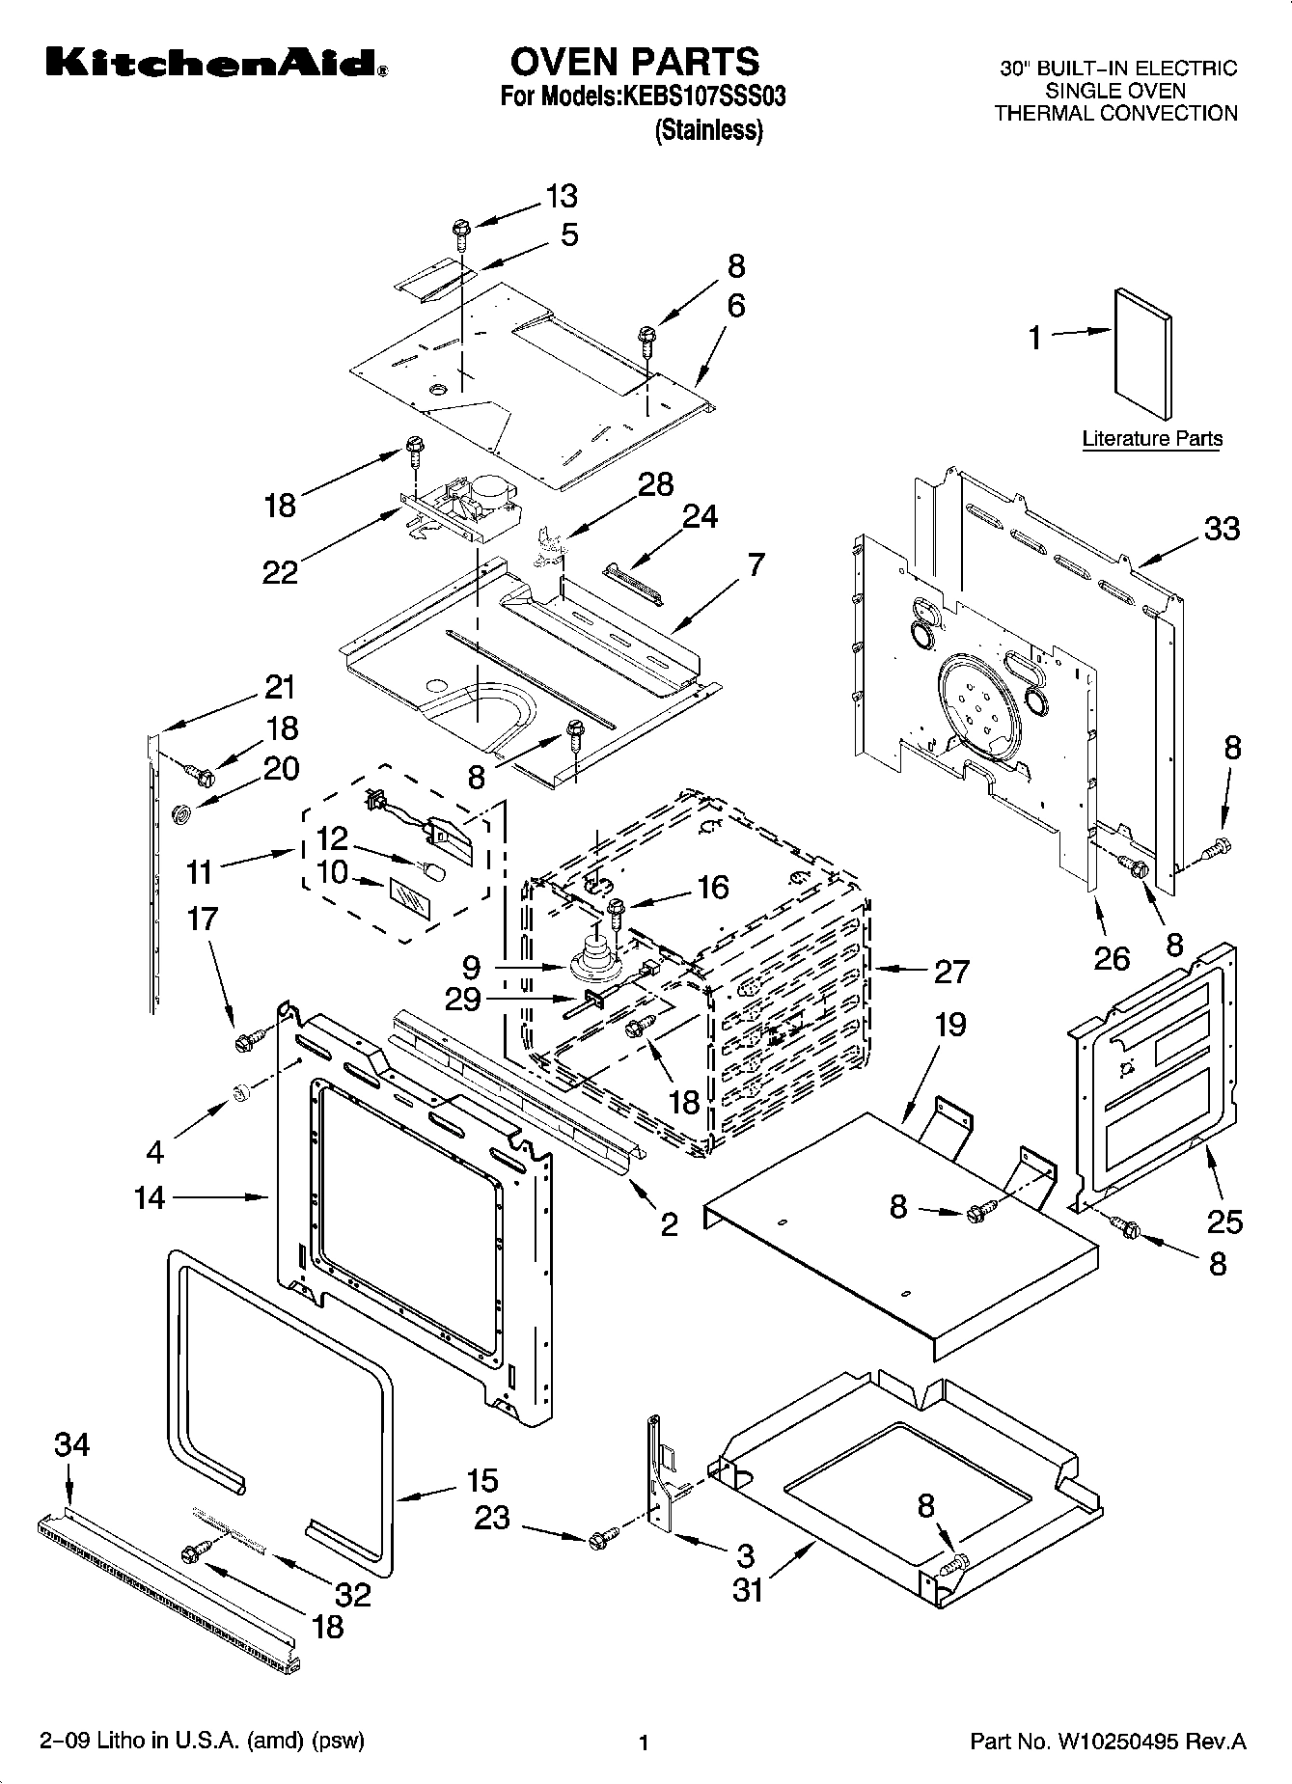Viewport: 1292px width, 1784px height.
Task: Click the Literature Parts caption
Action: click(x=1151, y=439)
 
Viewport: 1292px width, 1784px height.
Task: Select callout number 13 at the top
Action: click(x=562, y=196)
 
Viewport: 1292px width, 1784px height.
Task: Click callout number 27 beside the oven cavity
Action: click(x=951, y=971)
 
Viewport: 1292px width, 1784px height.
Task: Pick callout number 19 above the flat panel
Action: click(x=950, y=1024)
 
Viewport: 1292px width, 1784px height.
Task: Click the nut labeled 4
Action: click(x=242, y=1091)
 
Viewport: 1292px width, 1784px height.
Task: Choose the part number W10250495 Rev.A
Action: click(x=1108, y=1742)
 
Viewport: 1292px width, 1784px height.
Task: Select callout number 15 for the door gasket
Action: click(x=481, y=1480)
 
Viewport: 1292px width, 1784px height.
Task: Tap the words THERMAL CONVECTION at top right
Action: click(x=1115, y=113)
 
